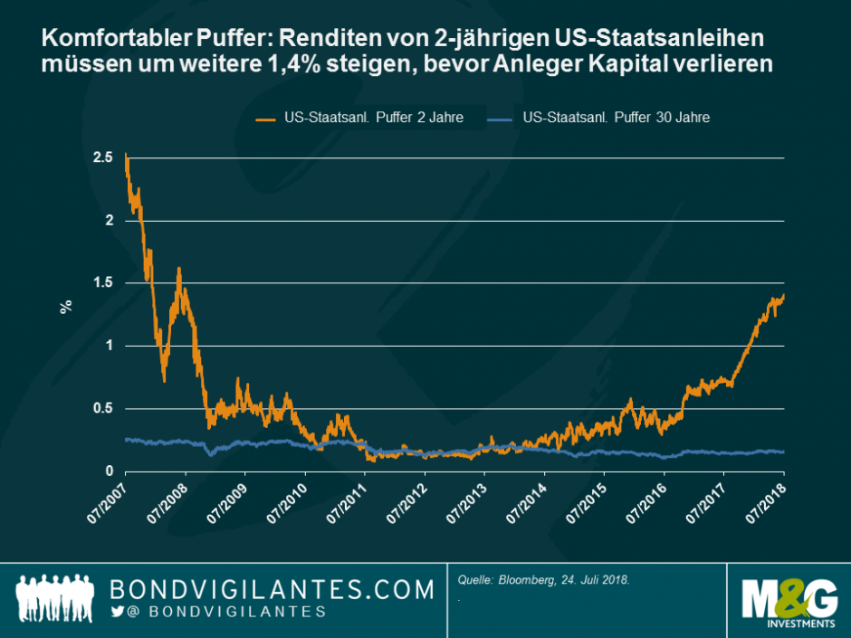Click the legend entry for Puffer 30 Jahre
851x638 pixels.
617,119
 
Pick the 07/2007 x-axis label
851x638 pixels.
107,500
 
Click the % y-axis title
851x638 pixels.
66,306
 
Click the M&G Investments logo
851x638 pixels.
789,601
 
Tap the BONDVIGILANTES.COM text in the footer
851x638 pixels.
272,590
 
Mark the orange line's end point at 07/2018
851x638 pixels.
783,295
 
